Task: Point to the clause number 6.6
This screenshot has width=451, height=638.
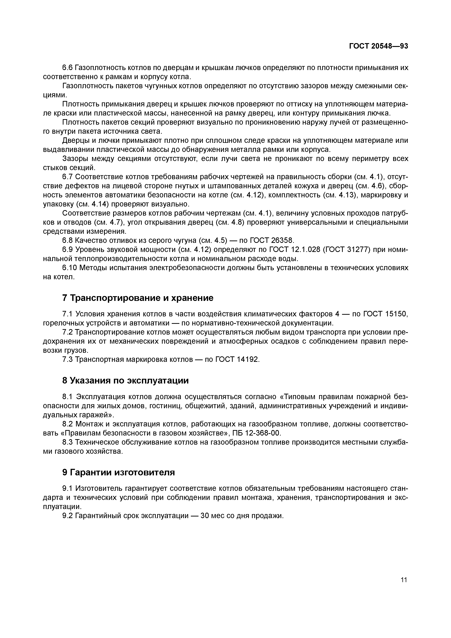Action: [x=67, y=67]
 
